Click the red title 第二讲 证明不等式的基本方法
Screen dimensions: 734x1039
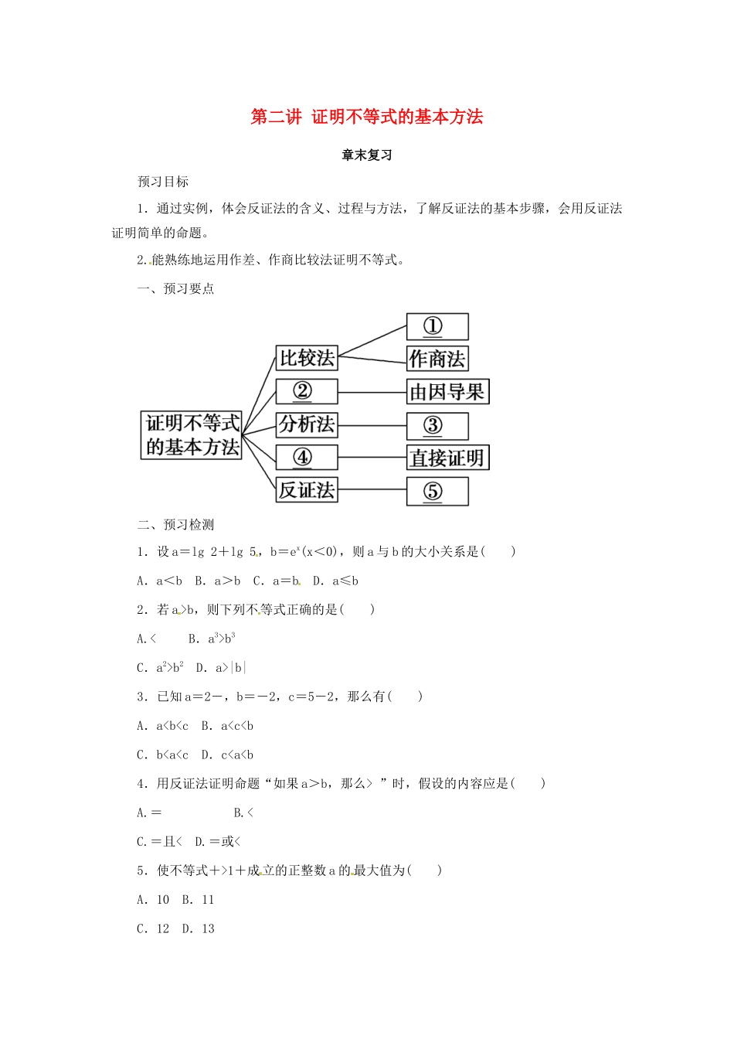pos(367,117)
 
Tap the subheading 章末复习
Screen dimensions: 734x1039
pos(367,155)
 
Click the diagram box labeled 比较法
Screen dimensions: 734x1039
pos(307,358)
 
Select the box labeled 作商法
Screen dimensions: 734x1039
pos(437,359)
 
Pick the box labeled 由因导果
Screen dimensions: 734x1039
pos(447,392)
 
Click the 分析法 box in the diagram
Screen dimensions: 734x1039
pos(307,424)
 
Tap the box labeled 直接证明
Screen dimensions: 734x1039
pos(447,458)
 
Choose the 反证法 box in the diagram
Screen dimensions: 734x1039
pos(307,490)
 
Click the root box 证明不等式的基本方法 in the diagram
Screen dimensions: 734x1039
pos(192,435)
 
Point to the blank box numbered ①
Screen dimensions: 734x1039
pos(437,326)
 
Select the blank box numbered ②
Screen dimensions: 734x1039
pos(307,391)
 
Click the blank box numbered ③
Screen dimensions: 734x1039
pos(437,425)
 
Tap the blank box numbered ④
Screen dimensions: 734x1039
pos(307,458)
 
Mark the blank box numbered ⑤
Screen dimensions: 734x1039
pos(437,491)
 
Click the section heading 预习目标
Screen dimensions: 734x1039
pos(163,182)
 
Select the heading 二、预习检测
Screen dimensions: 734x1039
pos(175,525)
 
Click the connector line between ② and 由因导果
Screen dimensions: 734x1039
pos(372,392)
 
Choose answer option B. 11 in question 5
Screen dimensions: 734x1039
pos(199,900)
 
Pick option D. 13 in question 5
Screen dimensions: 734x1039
pos(199,929)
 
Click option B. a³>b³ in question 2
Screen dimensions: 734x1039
pos(212,639)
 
